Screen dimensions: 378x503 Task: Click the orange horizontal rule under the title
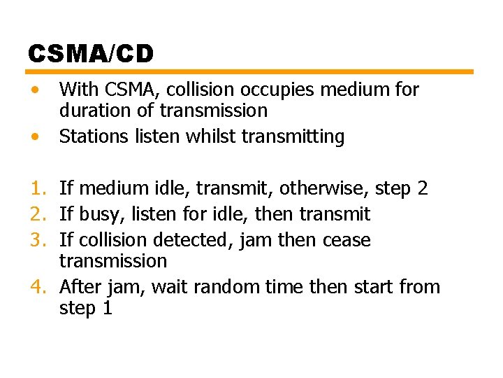250,71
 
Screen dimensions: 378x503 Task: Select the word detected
192,240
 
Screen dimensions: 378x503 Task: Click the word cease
347,240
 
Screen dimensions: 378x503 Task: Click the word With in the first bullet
78,90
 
